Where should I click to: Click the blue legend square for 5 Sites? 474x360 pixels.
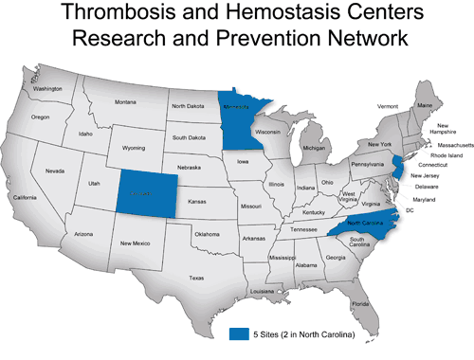point(242,334)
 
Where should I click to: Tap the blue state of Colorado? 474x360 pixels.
point(146,192)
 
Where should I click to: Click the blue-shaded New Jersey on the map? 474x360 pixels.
point(398,176)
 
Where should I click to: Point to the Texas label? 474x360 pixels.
point(196,278)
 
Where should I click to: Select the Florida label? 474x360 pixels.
point(360,304)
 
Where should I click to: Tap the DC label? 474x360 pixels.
point(409,209)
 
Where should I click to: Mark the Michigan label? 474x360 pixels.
point(313,148)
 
